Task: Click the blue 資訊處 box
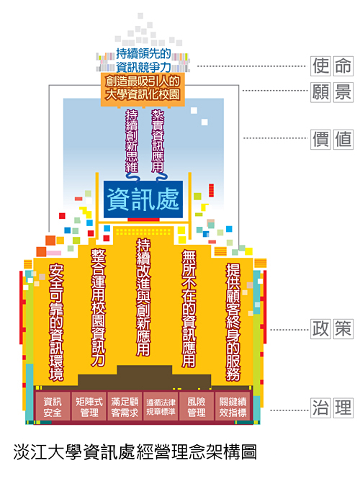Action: (x=143, y=199)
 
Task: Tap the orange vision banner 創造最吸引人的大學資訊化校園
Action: (x=143, y=89)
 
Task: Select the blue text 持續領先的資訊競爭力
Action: (x=143, y=60)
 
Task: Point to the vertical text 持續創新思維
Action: (x=132, y=141)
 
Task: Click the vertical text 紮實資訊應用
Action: (x=158, y=141)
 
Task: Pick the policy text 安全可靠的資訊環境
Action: (x=56, y=322)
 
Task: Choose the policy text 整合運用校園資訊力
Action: (x=98, y=307)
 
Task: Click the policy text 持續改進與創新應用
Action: (x=143, y=297)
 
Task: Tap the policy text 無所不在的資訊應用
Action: (x=189, y=308)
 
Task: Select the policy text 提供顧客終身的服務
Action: (x=233, y=322)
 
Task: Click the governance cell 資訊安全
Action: (x=53, y=407)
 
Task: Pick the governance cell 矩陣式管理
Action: (x=89, y=407)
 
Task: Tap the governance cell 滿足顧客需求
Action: (x=125, y=407)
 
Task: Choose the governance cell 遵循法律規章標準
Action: (x=161, y=407)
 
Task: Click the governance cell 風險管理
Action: (x=197, y=407)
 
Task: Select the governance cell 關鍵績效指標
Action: (x=233, y=407)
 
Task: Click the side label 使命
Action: (x=332, y=66)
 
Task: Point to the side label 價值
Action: (x=332, y=139)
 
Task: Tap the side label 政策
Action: (x=332, y=329)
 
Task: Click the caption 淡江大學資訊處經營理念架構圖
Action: (x=135, y=452)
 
